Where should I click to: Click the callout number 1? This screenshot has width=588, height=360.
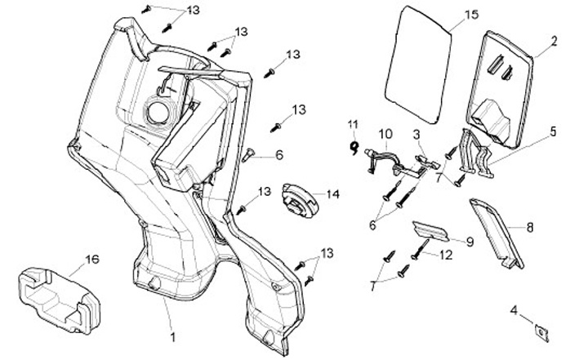click(172, 336)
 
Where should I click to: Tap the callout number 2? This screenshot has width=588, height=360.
click(554, 40)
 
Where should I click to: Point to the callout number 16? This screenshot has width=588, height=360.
click(91, 260)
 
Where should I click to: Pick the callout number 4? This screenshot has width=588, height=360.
click(513, 310)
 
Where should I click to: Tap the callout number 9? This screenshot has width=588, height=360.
click(469, 242)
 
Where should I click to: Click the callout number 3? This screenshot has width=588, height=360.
click(416, 133)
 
